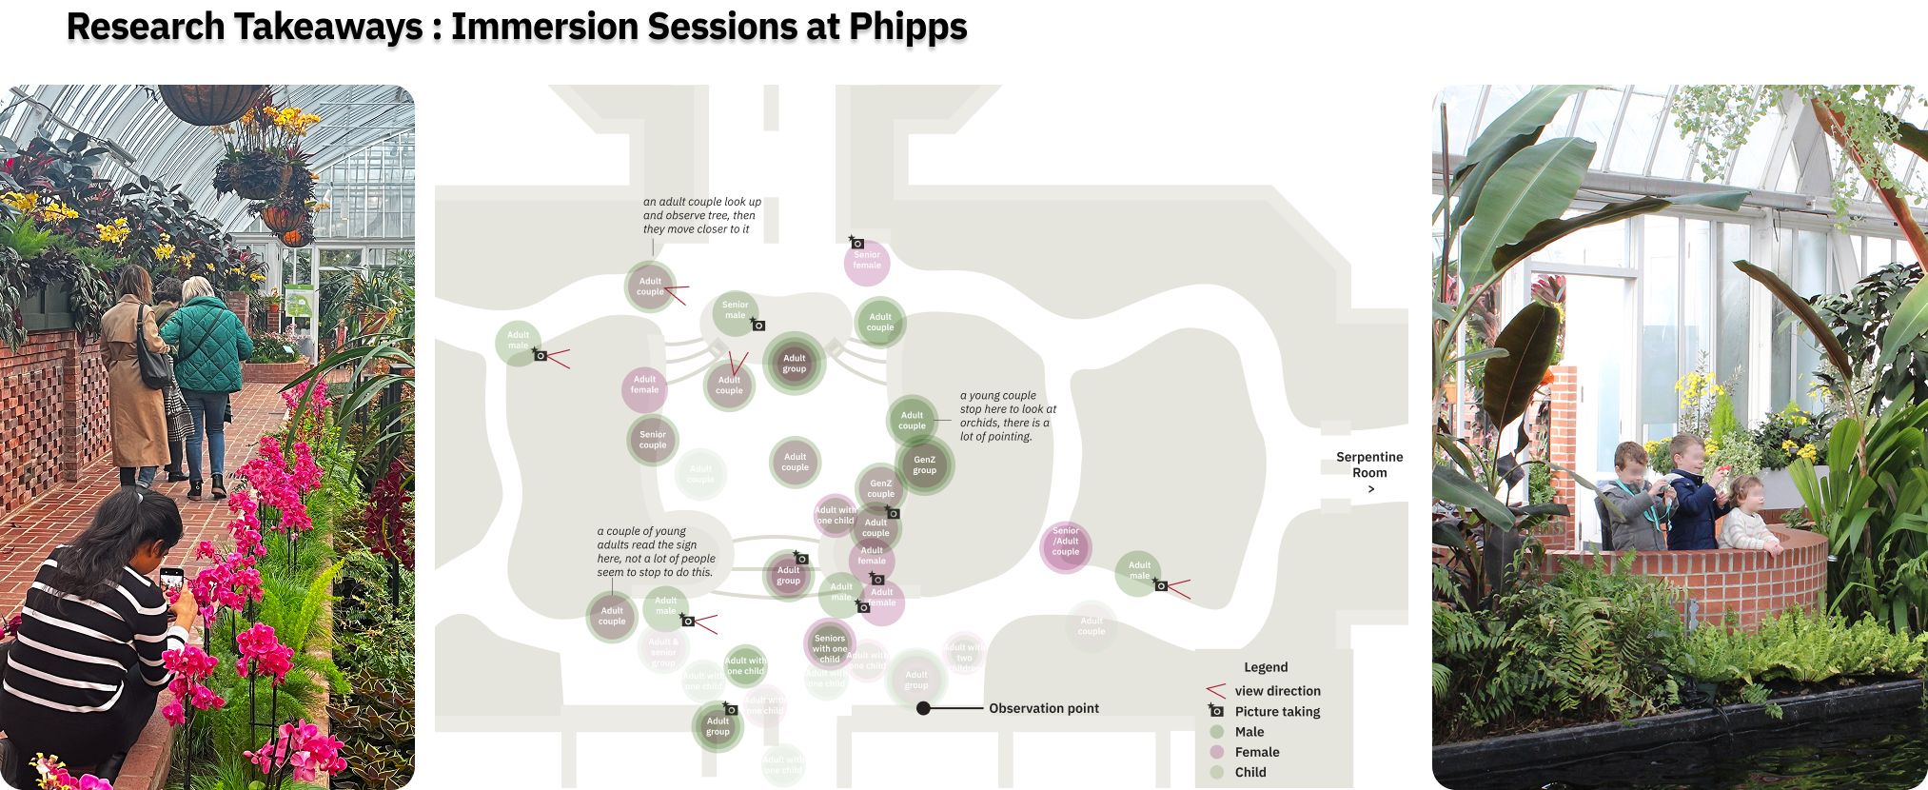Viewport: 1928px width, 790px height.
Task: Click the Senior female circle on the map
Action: [867, 260]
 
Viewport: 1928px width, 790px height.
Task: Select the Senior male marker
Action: [735, 311]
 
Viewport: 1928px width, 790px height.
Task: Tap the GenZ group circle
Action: [924, 464]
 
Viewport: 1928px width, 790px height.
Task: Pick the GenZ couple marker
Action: [880, 488]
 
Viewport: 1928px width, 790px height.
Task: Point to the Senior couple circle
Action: [653, 440]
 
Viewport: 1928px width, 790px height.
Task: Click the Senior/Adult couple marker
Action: [1066, 546]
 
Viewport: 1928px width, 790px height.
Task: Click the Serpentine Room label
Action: [1369, 465]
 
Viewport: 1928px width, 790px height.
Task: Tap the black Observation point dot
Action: [923, 708]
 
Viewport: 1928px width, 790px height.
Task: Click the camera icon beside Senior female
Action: [856, 243]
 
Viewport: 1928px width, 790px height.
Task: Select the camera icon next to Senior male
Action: [758, 325]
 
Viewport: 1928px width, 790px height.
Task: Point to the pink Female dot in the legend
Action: [1216, 752]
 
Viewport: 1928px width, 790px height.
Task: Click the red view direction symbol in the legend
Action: [1215, 690]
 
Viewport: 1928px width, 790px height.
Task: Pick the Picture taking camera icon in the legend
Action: [1216, 711]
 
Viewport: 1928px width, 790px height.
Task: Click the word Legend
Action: [1266, 667]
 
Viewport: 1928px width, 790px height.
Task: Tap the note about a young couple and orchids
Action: [1008, 416]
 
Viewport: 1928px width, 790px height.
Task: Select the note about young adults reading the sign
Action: [656, 552]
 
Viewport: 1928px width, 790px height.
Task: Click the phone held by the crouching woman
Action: [172, 581]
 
